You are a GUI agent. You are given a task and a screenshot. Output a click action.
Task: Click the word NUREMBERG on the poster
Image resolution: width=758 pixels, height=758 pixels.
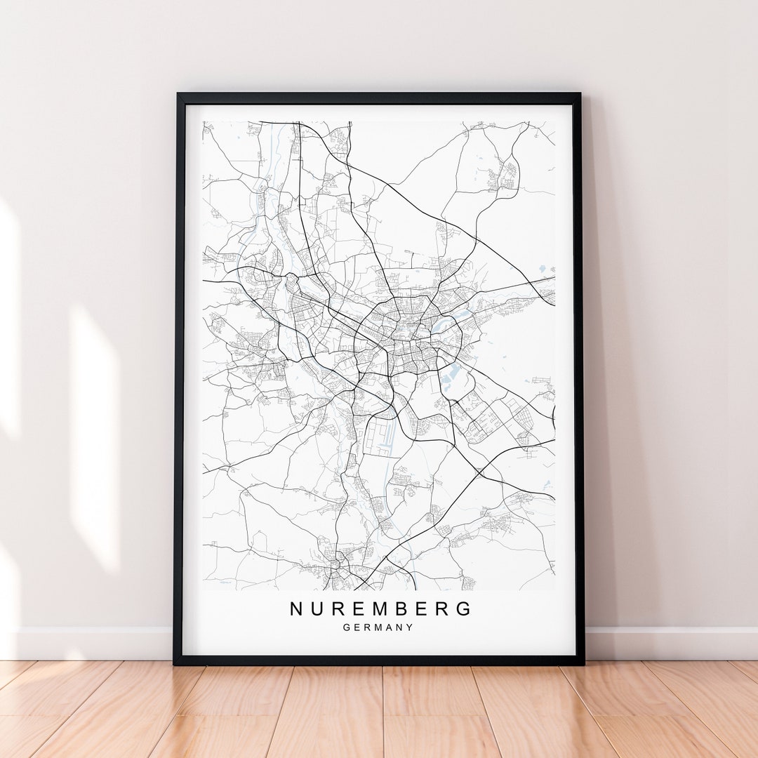pyautogui.click(x=381, y=609)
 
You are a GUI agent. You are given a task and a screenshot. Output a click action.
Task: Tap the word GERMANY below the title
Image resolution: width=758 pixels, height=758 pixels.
pyautogui.click(x=378, y=627)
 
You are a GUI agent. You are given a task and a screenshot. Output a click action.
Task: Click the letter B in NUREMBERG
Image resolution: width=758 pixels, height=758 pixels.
pyautogui.click(x=397, y=609)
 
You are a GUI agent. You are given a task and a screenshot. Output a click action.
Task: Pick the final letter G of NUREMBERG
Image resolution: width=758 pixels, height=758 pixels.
pyautogui.click(x=465, y=609)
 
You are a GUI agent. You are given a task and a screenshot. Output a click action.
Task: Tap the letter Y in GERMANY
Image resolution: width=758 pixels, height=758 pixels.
pyautogui.click(x=409, y=627)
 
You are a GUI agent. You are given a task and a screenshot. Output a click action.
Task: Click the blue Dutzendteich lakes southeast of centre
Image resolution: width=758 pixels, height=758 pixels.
pyautogui.click(x=450, y=373)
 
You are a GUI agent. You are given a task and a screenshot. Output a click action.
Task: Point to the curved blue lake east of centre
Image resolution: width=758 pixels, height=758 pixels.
pyautogui.click(x=441, y=324)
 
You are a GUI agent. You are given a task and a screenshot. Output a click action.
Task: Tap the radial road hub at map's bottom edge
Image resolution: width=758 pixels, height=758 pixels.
pyautogui.click(x=338, y=563)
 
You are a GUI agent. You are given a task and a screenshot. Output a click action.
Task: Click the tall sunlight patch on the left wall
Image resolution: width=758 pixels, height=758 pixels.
pyautogui.click(x=95, y=435)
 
